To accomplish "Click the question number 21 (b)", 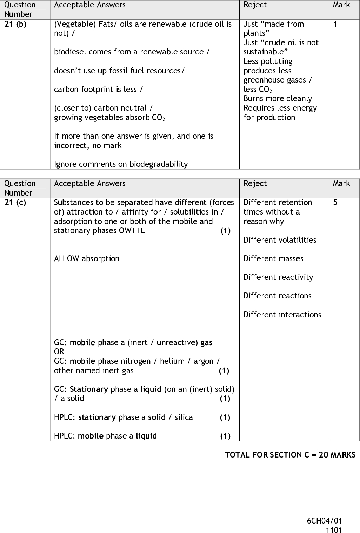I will (15, 24).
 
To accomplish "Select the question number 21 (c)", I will (15, 203).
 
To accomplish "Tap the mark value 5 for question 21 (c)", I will (335, 203).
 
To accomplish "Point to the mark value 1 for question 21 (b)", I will (335, 24).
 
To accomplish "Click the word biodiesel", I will (70, 52).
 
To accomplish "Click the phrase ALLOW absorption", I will (87, 259).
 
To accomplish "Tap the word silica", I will (184, 417).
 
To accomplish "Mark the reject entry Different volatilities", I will (280, 240).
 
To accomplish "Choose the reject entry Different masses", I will (273, 259).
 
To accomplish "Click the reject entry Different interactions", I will (282, 315).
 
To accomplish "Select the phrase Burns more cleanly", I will (278, 99).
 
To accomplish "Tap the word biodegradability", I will (159, 164).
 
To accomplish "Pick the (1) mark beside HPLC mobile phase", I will (225, 436).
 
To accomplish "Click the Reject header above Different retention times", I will (255, 184).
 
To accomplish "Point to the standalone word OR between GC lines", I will (59, 352).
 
